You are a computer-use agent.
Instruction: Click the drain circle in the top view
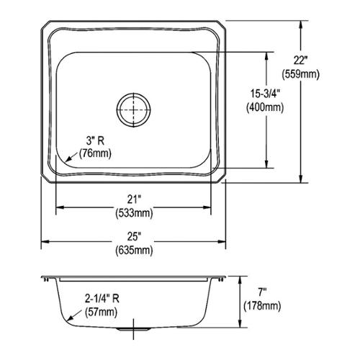point(134,92)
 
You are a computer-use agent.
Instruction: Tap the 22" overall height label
point(300,60)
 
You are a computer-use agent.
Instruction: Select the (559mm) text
point(300,74)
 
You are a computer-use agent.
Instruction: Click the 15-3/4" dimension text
point(265,94)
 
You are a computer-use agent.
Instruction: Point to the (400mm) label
point(265,107)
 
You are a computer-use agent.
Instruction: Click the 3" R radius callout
point(95,140)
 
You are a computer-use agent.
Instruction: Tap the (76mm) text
point(95,153)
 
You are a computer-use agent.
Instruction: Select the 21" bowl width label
point(134,199)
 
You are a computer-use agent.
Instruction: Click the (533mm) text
point(134,212)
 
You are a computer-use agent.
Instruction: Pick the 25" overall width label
point(134,237)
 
